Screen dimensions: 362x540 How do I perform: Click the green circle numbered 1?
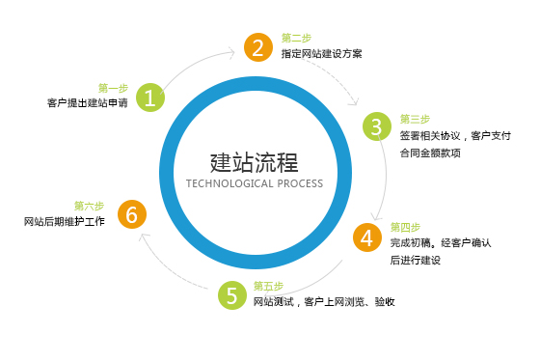pyautogui.click(x=149, y=97)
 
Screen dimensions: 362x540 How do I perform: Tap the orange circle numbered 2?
pyautogui.click(x=256, y=46)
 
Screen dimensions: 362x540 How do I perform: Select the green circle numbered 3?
pyautogui.click(x=377, y=126)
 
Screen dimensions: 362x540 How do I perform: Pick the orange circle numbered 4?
pyautogui.click(x=366, y=237)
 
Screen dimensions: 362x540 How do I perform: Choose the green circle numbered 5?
pyautogui.click(x=231, y=294)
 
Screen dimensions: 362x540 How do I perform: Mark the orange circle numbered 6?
pyautogui.click(x=131, y=214)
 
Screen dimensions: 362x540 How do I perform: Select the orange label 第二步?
pyautogui.click(x=296, y=38)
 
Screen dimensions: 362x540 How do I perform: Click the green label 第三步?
pyautogui.click(x=414, y=119)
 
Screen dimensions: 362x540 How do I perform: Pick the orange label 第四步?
pyautogui.click(x=405, y=226)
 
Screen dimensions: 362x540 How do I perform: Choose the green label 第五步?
pyautogui.click(x=268, y=286)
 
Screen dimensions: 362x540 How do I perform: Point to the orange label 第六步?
pyautogui.click(x=89, y=206)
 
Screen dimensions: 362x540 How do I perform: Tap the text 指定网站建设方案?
pyautogui.click(x=322, y=54)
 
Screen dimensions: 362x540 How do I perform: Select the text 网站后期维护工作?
pyautogui.click(x=64, y=222)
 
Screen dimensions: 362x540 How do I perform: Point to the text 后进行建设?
pyautogui.click(x=415, y=260)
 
